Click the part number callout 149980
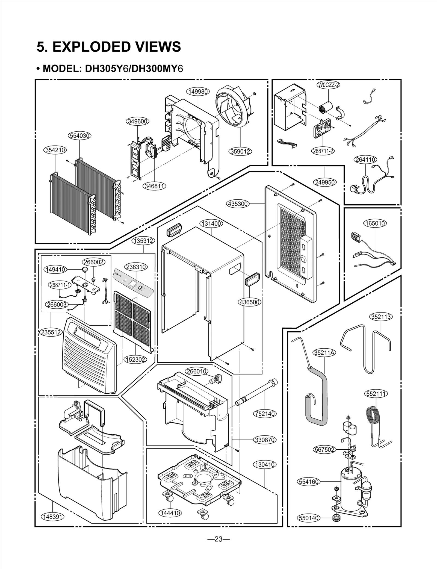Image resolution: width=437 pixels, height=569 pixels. coord(198,92)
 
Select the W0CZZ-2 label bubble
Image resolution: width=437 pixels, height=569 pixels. coord(328,85)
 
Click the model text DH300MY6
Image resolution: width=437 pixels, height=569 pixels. coord(157,69)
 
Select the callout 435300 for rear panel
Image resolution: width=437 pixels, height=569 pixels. coord(238,204)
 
